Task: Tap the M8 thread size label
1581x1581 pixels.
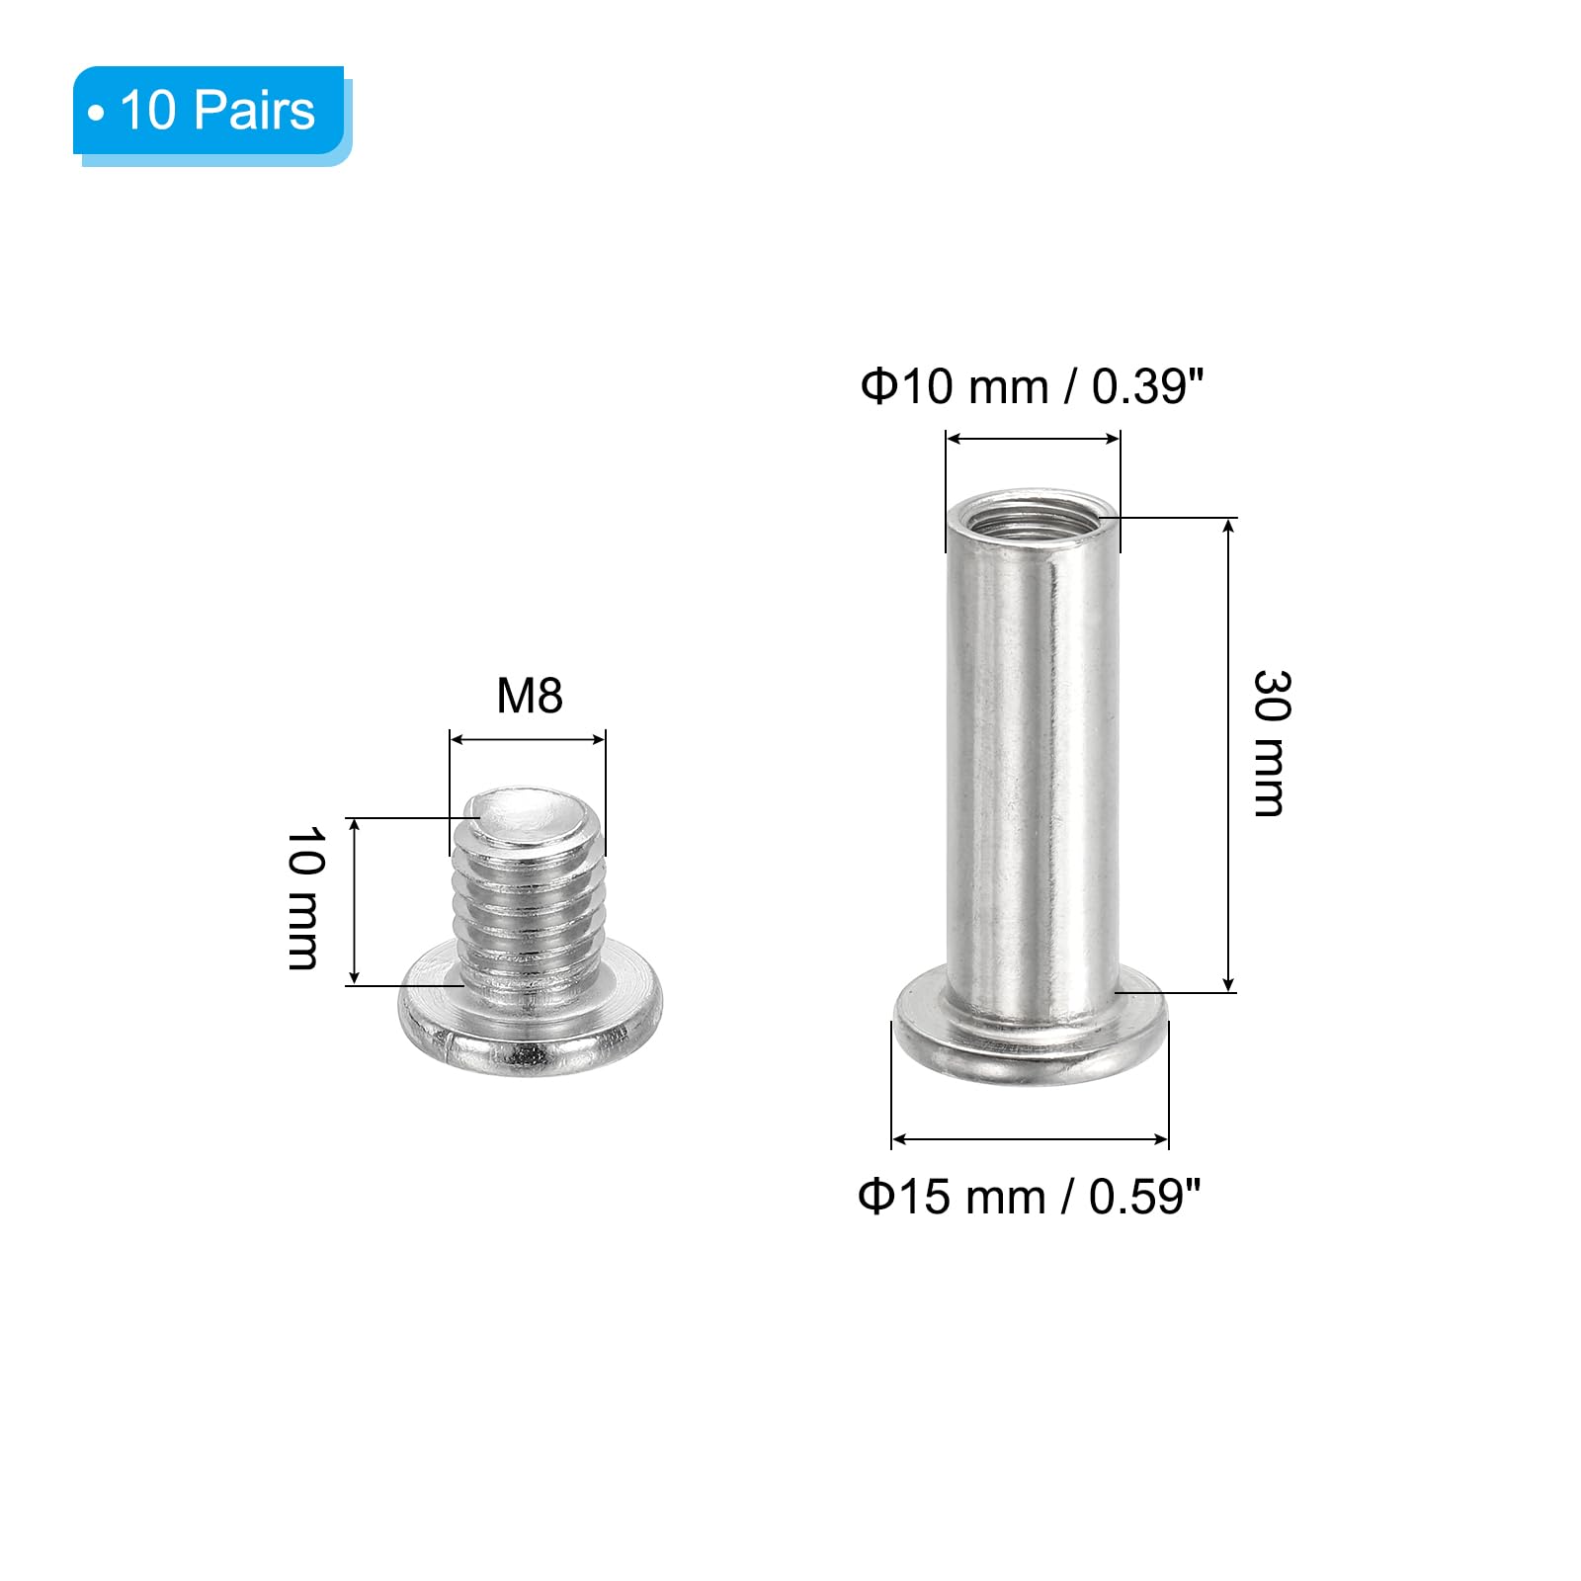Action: [x=530, y=696]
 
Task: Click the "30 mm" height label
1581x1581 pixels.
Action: [x=1272, y=743]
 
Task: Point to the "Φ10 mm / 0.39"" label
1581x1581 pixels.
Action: [x=1033, y=386]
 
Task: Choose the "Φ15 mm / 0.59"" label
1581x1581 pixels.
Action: [x=1030, y=1197]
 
